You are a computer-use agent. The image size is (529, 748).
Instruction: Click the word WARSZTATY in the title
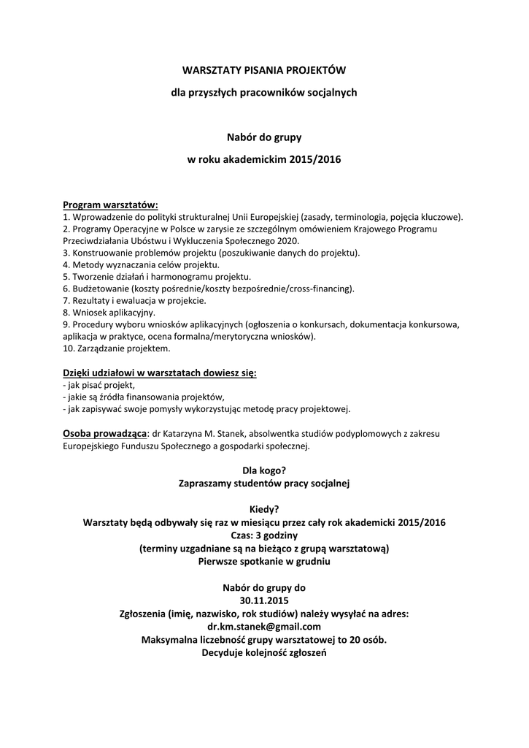point(204,70)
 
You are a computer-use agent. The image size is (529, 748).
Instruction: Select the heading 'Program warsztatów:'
point(110,205)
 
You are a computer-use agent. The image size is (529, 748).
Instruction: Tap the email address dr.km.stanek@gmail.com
point(264,627)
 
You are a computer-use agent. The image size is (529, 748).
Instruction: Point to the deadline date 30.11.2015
point(264,600)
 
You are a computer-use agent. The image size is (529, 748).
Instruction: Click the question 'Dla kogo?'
point(264,470)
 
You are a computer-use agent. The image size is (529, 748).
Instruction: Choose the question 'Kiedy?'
point(264,509)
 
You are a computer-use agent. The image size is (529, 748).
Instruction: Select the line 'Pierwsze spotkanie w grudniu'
point(264,562)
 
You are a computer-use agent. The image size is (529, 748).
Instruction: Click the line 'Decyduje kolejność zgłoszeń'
point(264,652)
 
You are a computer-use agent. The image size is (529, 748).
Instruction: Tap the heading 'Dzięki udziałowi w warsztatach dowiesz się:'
point(160,373)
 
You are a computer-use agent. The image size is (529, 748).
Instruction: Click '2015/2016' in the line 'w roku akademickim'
point(314,159)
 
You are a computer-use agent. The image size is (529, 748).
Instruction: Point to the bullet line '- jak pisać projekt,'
point(99,385)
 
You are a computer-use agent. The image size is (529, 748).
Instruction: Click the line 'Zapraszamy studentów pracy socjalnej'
point(264,483)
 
